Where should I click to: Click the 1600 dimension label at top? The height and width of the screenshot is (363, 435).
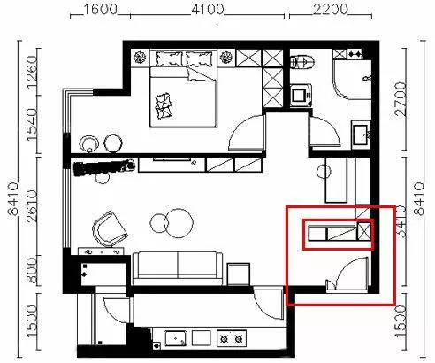click(x=101, y=10)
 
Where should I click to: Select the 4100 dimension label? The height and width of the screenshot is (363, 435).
click(x=208, y=10)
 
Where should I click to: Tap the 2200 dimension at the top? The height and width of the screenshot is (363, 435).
click(x=331, y=10)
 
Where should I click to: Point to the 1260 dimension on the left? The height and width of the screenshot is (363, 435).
click(x=32, y=73)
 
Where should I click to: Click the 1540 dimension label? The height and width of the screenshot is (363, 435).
click(x=32, y=125)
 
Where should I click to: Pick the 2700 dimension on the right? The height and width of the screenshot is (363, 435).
click(x=401, y=99)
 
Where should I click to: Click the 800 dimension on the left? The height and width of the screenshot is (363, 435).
click(x=32, y=270)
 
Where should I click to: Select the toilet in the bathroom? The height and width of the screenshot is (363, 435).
click(x=302, y=62)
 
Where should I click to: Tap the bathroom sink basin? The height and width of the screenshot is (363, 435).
click(x=361, y=135)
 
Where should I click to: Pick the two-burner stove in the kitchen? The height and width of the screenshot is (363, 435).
click(x=232, y=338)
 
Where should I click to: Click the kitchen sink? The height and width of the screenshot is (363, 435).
click(x=176, y=338)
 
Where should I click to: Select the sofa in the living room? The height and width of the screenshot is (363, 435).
click(x=178, y=268)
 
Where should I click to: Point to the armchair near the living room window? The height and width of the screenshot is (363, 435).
click(x=110, y=228)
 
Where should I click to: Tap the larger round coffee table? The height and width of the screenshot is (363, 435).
click(x=179, y=223)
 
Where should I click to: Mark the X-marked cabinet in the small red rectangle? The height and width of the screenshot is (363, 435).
click(x=364, y=231)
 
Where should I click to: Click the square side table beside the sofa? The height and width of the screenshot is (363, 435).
click(x=239, y=274)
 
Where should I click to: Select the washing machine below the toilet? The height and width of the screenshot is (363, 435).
click(x=301, y=96)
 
